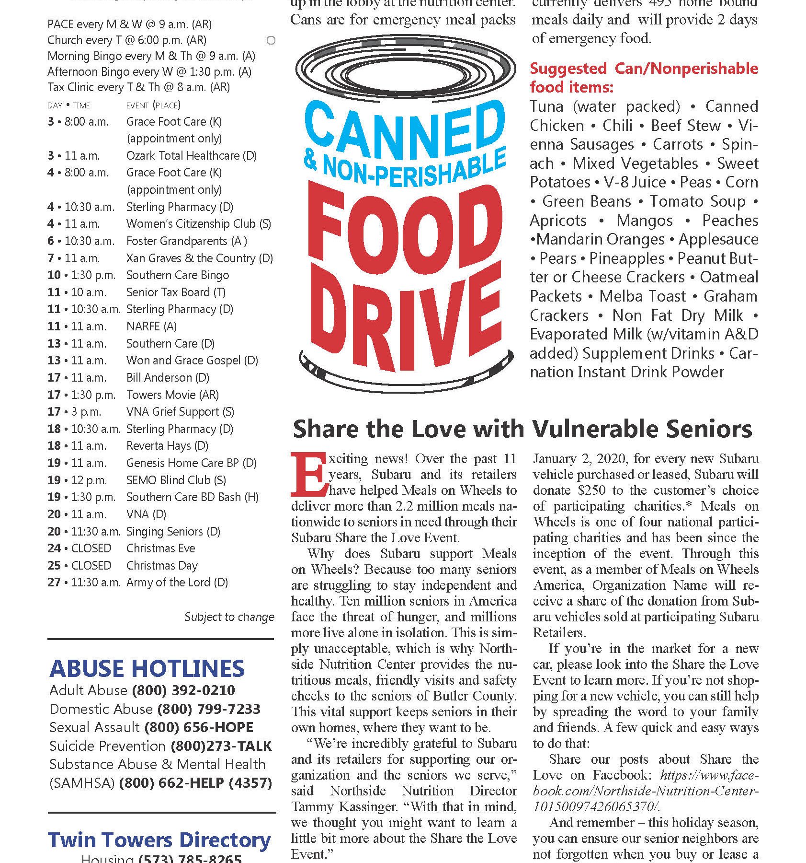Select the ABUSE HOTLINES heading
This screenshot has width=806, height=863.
click(x=147, y=668)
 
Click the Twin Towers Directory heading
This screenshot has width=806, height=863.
click(x=159, y=840)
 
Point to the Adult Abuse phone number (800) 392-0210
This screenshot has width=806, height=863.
click(x=183, y=690)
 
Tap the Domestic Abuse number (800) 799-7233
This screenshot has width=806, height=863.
click(x=209, y=709)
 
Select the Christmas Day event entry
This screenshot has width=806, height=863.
click(x=162, y=565)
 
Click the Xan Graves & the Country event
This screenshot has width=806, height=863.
click(x=199, y=258)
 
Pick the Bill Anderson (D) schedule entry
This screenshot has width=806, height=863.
click(x=168, y=377)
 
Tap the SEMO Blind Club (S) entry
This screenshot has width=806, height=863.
click(x=176, y=480)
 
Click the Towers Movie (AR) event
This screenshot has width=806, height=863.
click(x=172, y=395)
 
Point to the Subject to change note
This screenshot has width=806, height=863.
click(x=229, y=617)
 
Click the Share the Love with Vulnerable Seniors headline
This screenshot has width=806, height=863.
click(x=522, y=429)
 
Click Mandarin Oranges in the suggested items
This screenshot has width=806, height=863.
click(x=600, y=239)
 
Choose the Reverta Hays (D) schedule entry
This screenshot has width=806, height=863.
click(x=167, y=446)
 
